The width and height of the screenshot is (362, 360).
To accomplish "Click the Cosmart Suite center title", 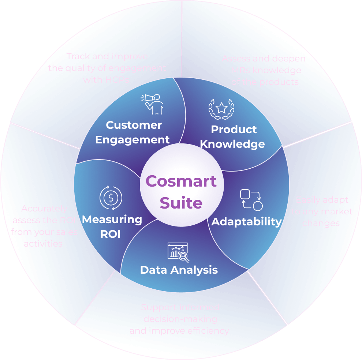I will [181, 192].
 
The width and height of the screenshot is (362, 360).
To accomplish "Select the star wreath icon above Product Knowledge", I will [221, 109].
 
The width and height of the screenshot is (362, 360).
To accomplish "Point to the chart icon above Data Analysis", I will [178, 252].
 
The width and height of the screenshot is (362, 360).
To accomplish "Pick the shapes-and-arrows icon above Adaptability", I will [251, 200].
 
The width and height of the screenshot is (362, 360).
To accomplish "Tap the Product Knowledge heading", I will [233, 136].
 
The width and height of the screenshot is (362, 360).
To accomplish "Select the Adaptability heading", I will [247, 221].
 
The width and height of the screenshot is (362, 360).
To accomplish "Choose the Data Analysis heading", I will [179, 270].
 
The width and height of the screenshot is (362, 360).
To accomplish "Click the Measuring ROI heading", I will [112, 226].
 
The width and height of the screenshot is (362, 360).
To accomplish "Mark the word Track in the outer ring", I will [79, 56].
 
